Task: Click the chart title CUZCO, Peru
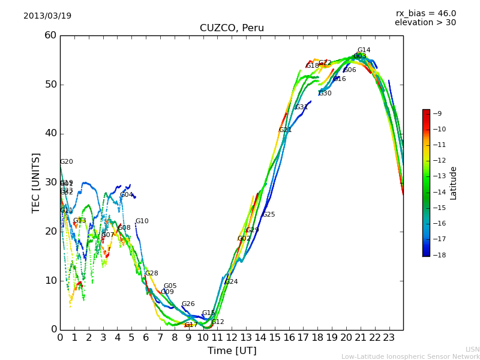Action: (232, 28)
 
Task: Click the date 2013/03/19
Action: (47, 16)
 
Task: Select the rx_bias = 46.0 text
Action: (426, 13)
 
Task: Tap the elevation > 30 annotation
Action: (425, 23)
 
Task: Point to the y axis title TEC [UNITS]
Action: (37, 182)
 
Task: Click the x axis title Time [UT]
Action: (232, 351)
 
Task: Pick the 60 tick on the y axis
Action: (50, 35)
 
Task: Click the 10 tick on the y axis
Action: (50, 280)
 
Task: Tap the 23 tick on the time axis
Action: (389, 337)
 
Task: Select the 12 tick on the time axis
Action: (232, 337)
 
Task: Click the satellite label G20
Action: (67, 162)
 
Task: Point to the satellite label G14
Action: (364, 50)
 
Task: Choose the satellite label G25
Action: (269, 215)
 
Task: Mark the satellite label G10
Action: (142, 221)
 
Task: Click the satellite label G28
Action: (152, 274)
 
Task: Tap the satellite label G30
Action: (325, 94)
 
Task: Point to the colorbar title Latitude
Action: (454, 183)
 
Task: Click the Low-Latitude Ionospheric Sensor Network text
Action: (410, 357)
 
